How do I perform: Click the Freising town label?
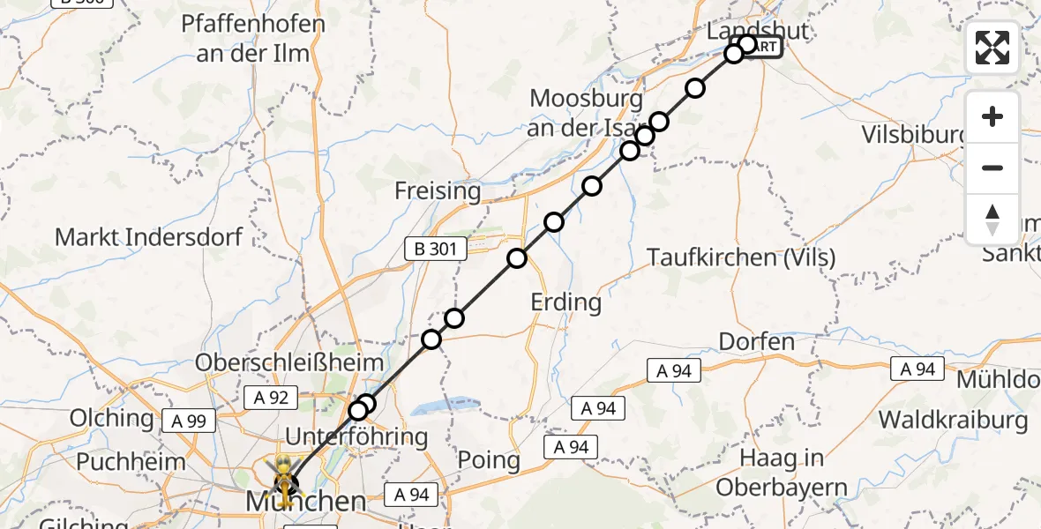click(x=438, y=190)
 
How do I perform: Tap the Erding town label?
click(x=565, y=302)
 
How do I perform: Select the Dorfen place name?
click(x=756, y=341)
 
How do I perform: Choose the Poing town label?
click(x=489, y=459)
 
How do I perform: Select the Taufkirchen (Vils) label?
click(x=741, y=257)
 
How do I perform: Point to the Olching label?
click(x=111, y=417)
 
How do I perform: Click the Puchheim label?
click(x=131, y=461)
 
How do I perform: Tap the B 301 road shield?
click(x=436, y=250)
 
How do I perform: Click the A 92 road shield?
click(x=266, y=398)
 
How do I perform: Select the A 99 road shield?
click(x=183, y=421)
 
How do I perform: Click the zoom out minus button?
click(x=992, y=168)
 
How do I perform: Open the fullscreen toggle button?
click(x=992, y=48)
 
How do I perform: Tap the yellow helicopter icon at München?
click(x=284, y=474)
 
